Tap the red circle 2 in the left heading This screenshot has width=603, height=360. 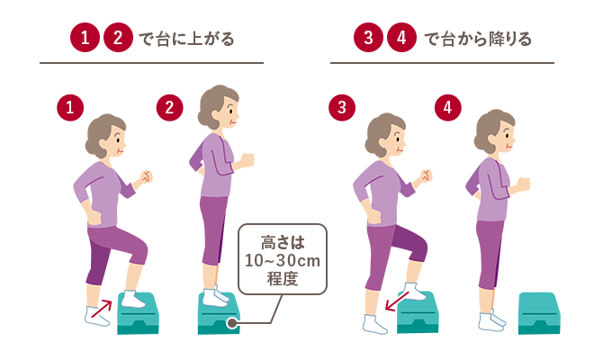click(117, 39)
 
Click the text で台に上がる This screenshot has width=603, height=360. click(190, 40)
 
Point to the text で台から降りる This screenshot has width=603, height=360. click(477, 40)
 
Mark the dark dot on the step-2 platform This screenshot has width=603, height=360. click(232, 321)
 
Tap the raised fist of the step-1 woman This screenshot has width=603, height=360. click(145, 176)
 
